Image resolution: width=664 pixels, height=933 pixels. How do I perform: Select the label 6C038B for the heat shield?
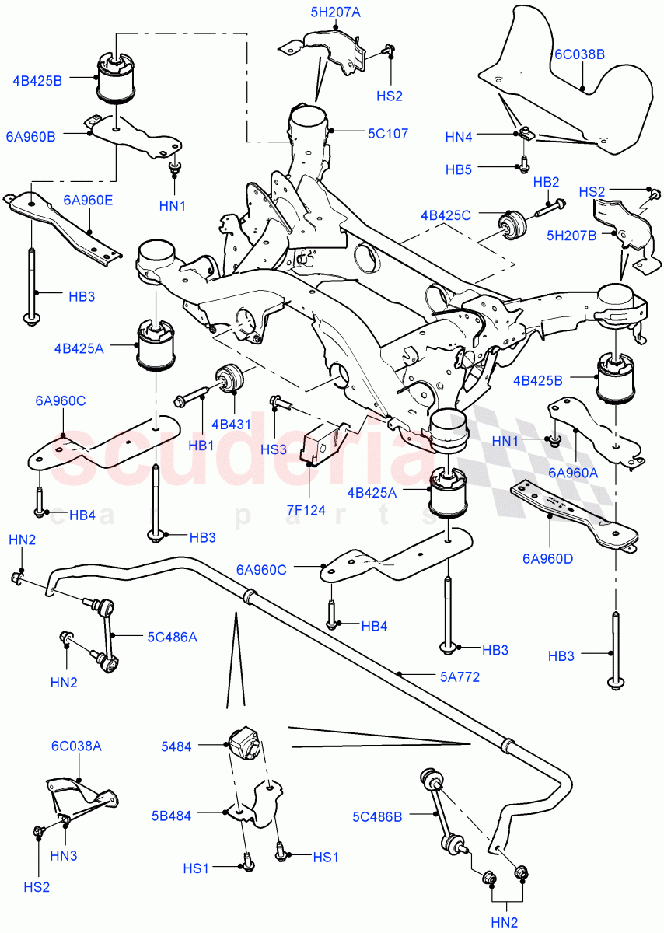(580, 55)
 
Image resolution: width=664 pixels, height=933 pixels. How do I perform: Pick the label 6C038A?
(76, 746)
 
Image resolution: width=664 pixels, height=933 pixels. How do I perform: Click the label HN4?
(459, 137)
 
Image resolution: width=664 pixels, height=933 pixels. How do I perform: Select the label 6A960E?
(87, 200)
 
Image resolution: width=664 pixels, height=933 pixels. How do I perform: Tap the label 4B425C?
(446, 215)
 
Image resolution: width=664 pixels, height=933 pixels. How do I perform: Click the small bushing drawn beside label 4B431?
(231, 379)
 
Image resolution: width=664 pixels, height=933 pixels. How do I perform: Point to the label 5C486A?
(172, 637)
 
